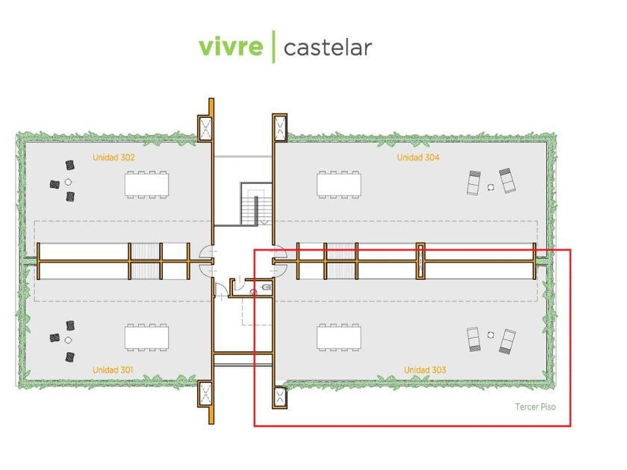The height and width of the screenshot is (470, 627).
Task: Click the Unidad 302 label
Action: point(113,157)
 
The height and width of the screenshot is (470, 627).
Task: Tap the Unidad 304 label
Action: point(418,157)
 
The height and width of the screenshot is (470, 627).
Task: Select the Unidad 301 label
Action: point(113,370)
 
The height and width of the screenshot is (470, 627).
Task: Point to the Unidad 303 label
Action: point(425,370)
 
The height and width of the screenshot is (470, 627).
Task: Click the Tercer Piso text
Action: point(535,407)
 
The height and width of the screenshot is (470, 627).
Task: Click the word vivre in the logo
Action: point(231,47)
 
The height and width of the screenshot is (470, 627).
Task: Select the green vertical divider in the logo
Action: point(274,46)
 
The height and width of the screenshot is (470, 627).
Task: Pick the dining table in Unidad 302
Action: point(146,184)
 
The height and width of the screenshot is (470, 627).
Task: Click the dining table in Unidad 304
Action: point(338,184)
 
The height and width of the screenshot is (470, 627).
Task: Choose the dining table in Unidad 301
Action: point(146,336)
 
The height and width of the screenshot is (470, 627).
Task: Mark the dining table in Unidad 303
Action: point(338,336)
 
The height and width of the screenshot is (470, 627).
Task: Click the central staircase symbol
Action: point(254,203)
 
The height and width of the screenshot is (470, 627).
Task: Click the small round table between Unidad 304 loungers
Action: point(491,187)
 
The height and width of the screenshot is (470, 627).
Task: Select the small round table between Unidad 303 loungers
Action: point(490,335)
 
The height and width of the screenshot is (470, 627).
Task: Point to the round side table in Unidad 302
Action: point(68,181)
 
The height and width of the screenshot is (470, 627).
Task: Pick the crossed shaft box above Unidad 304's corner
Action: point(280,128)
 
